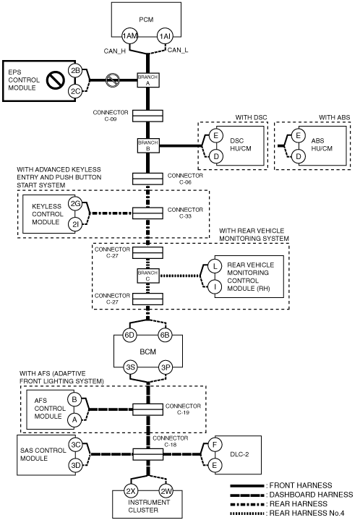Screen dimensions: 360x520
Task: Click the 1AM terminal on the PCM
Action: pyautogui.click(x=129, y=36)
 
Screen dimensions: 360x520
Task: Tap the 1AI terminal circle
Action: pyautogui.click(x=165, y=36)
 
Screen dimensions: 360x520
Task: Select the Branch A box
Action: pyautogui.click(x=148, y=80)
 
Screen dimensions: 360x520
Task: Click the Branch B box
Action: pyautogui.click(x=148, y=145)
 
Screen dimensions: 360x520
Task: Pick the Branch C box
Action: pyautogui.click(x=148, y=276)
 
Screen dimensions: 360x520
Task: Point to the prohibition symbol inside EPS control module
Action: pyautogui.click(x=56, y=80)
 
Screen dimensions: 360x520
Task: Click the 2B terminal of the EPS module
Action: pyautogui.click(x=76, y=70)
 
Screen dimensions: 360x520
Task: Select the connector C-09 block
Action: pyautogui.click(x=148, y=116)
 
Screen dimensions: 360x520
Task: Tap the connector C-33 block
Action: pyautogui.click(x=148, y=213)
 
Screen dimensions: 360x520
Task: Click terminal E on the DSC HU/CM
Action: pyautogui.click(x=215, y=135)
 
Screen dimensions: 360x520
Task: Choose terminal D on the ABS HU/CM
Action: pyautogui.click(x=298, y=156)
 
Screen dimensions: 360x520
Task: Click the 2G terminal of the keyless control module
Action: pyautogui.click(x=75, y=204)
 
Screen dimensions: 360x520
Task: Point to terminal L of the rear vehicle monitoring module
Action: pyautogui.click(x=215, y=266)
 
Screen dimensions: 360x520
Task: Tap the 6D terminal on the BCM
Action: pyautogui.click(x=129, y=335)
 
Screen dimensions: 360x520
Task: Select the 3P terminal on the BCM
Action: pyautogui.click(x=165, y=367)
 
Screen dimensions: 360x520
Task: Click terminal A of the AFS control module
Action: pyautogui.click(x=74, y=420)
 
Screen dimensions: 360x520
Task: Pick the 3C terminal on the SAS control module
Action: pyautogui.click(x=76, y=445)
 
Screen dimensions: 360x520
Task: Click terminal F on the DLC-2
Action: pyautogui.click(x=215, y=444)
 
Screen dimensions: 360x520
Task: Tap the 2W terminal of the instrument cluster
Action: pyautogui.click(x=166, y=491)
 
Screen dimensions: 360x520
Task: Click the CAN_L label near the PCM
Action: pyautogui.click(x=178, y=50)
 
